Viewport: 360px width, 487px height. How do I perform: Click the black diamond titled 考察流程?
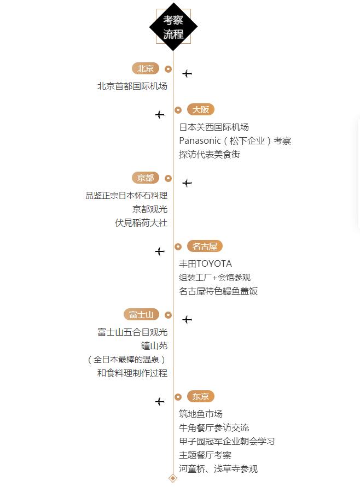tap(173, 27)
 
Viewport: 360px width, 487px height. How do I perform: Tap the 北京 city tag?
tap(146, 69)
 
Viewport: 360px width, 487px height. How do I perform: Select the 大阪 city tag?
tap(201, 110)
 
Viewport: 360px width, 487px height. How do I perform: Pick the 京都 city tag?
tap(146, 178)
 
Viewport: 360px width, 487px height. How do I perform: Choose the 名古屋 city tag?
tap(205, 247)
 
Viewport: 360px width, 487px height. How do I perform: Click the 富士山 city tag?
tap(141, 315)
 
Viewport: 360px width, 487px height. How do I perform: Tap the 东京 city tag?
tap(201, 397)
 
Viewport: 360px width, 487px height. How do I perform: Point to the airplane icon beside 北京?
tap(187, 73)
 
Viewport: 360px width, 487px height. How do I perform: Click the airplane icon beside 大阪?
tap(159, 115)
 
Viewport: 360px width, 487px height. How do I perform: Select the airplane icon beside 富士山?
tap(187, 319)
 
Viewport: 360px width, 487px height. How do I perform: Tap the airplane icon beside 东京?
tap(159, 402)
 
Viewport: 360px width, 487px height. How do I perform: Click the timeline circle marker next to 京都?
tap(168, 178)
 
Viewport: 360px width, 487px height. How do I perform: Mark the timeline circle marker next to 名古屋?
tap(178, 247)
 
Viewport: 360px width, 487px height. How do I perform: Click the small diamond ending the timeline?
tap(173, 478)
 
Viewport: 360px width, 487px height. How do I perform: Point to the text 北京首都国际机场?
tap(132, 86)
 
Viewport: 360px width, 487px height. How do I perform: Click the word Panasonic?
tap(200, 141)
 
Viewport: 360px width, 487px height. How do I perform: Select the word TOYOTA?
tap(214, 264)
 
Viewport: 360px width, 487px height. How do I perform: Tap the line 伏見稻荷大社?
tap(141, 223)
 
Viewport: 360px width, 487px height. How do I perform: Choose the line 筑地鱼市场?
tap(201, 414)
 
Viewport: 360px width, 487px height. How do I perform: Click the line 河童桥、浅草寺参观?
tap(218, 469)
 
